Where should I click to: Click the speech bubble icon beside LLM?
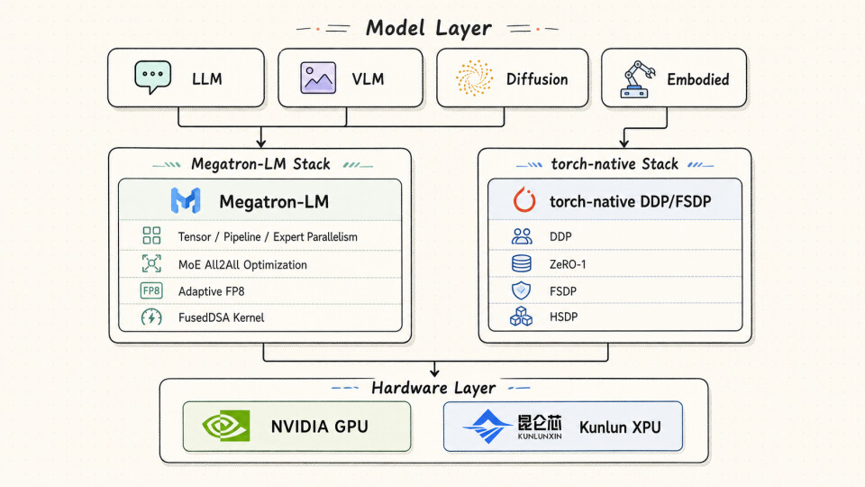click(153, 77)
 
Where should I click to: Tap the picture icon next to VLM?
click(318, 78)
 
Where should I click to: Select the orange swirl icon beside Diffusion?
click(475, 78)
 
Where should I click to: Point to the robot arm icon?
click(638, 79)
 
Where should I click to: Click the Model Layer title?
click(429, 28)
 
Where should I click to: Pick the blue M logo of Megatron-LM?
click(186, 200)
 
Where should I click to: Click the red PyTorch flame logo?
click(524, 200)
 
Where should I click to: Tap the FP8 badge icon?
click(151, 290)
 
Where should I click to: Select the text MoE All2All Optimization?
click(242, 264)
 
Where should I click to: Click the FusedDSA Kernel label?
click(222, 317)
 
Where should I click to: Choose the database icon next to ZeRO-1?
click(522, 263)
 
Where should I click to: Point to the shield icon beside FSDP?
click(522, 290)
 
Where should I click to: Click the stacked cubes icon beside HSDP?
click(522, 317)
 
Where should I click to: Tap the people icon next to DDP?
click(522, 236)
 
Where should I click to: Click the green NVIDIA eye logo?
click(226, 426)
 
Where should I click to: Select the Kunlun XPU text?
click(620, 427)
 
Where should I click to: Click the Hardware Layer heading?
click(433, 388)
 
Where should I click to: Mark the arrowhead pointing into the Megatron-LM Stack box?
click(261, 143)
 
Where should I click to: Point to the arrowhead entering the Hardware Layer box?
click(434, 372)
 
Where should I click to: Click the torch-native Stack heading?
click(615, 164)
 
